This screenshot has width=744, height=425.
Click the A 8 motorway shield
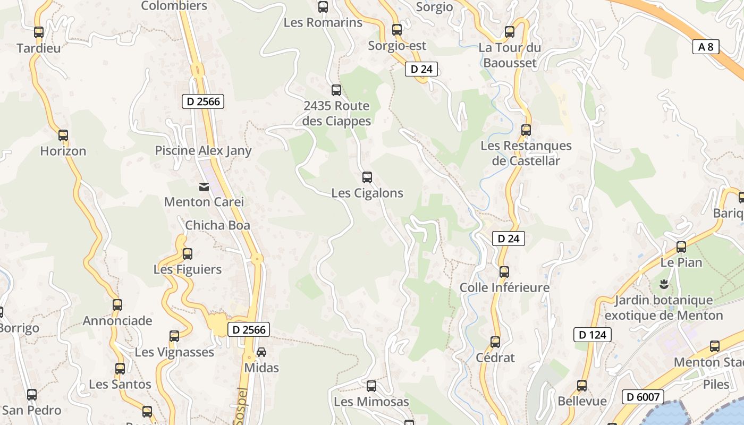coord(706,47)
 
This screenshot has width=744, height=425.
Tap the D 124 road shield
coord(592,335)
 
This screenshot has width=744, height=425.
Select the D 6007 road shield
coord(643,397)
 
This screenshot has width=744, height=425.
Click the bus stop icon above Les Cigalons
coord(367,177)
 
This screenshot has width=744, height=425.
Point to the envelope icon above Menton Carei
coord(204,186)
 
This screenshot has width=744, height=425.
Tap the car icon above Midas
coord(261,352)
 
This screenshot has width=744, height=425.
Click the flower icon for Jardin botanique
coord(663,284)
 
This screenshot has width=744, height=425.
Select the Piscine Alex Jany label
coord(203,151)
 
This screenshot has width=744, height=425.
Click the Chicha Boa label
coord(217,225)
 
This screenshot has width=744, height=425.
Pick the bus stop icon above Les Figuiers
coord(187,254)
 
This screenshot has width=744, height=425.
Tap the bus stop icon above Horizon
coord(63,135)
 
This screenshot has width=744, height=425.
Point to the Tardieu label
coord(39,48)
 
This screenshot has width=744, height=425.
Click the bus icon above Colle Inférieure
coord(504,272)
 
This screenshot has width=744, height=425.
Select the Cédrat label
coord(495,358)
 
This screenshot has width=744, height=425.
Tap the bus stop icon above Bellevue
coord(582,386)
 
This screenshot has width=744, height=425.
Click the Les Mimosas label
coord(371,402)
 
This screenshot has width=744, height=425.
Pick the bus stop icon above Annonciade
coord(117,305)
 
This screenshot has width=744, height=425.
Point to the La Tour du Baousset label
coord(510,55)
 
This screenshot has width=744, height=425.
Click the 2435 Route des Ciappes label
coord(337,113)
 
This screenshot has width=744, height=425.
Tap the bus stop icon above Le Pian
coord(681,247)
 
